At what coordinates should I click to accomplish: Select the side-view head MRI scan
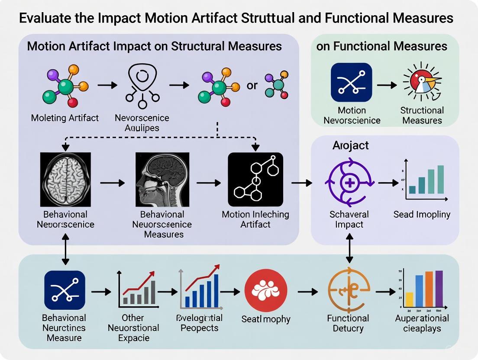pyautogui.click(x=162, y=179)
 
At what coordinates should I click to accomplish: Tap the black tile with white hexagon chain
pyautogui.click(x=255, y=179)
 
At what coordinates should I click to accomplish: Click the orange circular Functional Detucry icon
pyautogui.click(x=349, y=291)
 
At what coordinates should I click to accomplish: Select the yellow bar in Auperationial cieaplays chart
pyautogui.click(x=409, y=299)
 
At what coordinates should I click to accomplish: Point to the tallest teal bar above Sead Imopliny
pyautogui.click(x=440, y=179)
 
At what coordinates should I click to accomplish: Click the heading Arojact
pyautogui.click(x=350, y=145)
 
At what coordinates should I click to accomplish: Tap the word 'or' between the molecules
pyautogui.click(x=252, y=85)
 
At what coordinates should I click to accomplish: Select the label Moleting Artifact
pyautogui.click(x=65, y=118)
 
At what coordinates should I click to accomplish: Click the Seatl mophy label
pyautogui.click(x=266, y=319)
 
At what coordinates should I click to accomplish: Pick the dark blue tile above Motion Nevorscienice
pyautogui.click(x=352, y=82)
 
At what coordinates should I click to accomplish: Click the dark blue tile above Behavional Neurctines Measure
pyautogui.click(x=65, y=290)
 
